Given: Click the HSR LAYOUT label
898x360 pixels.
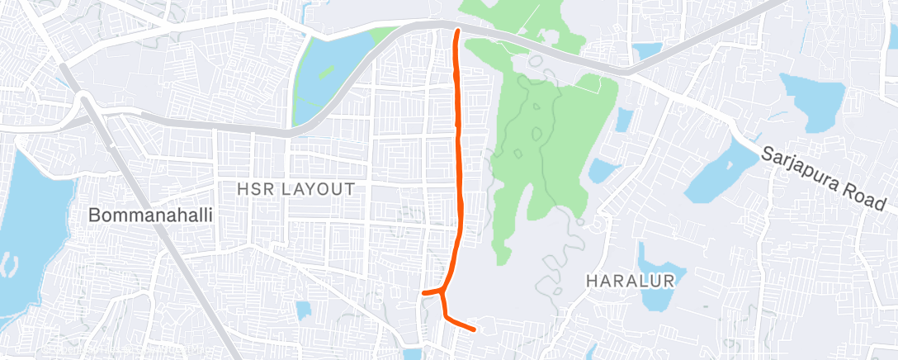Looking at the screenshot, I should [295, 189].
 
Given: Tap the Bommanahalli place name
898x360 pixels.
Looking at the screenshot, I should [151, 216].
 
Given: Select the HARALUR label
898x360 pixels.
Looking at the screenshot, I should [630, 281].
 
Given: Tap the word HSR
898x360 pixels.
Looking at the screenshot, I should [253, 189].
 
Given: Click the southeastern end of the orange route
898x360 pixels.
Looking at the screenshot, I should [474, 329].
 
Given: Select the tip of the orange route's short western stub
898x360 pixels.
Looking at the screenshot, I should [423, 292].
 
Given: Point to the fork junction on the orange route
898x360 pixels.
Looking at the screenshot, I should [443, 291].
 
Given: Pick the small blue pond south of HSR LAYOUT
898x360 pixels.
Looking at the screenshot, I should [304, 310].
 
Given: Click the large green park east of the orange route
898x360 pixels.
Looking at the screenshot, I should [545, 149].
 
